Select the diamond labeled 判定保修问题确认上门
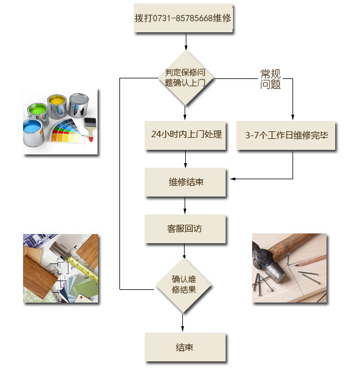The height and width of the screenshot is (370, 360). click(185, 77)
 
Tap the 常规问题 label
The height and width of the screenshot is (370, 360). click(271, 79)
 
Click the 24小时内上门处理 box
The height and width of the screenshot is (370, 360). click(185, 134)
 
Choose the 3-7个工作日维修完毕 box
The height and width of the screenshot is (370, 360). click(286, 135)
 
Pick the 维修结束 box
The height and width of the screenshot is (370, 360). click(185, 182)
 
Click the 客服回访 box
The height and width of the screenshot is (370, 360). click(185, 229)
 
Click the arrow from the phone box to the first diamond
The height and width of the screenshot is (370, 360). click(186, 42)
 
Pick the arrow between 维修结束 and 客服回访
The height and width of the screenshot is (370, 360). click(185, 206)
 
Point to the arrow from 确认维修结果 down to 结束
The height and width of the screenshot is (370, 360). click(183, 322)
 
